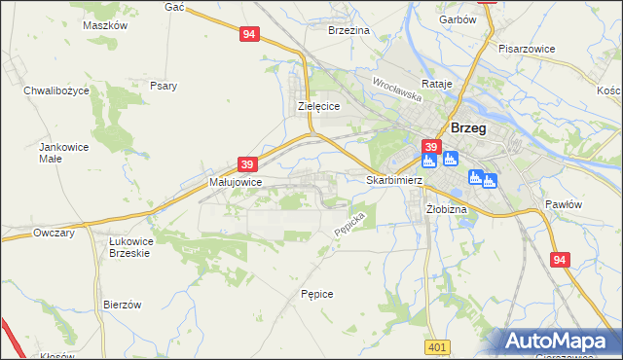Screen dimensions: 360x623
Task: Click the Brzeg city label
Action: pos(468,127)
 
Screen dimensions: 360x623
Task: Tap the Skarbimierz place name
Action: pos(394,181)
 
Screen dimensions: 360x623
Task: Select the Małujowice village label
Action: pos(235,182)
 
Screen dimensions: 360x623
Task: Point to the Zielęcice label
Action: pos(317,107)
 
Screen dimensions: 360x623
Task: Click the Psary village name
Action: pos(164,86)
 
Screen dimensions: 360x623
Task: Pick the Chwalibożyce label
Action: pos(56,90)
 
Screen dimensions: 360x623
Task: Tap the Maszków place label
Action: pos(105,26)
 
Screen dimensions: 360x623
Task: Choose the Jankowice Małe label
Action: pos(56,152)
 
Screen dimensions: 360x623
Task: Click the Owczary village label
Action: pos(54,234)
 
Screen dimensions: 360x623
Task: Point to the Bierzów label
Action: pos(123,305)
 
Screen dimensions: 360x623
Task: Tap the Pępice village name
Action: pos(317,293)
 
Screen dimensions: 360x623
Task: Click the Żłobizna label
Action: pos(447,209)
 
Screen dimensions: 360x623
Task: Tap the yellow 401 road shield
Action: pos(437,346)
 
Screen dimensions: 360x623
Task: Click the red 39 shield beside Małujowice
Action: pos(247,164)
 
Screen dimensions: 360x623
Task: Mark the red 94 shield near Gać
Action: pos(249,34)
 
